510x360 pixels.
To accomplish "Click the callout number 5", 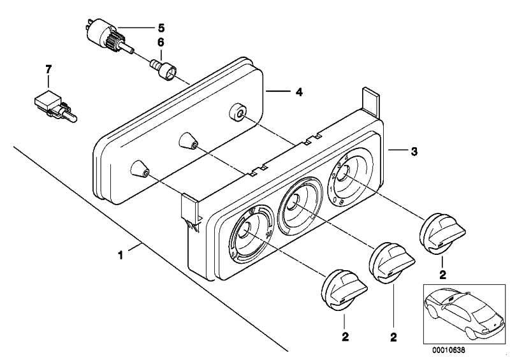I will pyautogui.click(x=161, y=27).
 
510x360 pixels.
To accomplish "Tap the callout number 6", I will pyautogui.click(x=161, y=42).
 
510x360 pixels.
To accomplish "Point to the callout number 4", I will pyautogui.click(x=298, y=92).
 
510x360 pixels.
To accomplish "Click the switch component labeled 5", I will pyautogui.click(x=101, y=34).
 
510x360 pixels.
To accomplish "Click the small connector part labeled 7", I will pyautogui.click(x=51, y=106).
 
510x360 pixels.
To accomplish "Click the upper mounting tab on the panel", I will pyautogui.click(x=371, y=101).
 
